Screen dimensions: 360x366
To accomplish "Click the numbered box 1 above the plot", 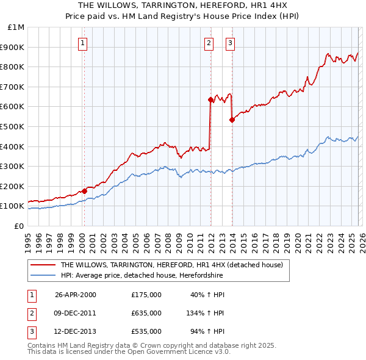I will pos(82,43).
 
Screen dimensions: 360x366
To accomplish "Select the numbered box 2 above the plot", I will pos(209,43).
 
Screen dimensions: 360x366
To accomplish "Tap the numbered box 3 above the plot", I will pos(231,43).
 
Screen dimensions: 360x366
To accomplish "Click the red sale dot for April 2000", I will pos(85,191).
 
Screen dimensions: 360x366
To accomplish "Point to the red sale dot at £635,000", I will pos(210,99).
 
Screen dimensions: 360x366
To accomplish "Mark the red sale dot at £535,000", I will pos(232,120).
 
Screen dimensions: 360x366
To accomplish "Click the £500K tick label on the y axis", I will pos(12,126).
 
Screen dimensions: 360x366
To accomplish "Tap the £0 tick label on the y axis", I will pos(18,226).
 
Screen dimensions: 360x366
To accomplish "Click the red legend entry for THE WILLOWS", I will pos(171,265).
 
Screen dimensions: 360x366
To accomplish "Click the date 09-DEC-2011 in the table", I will pos(76,313).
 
